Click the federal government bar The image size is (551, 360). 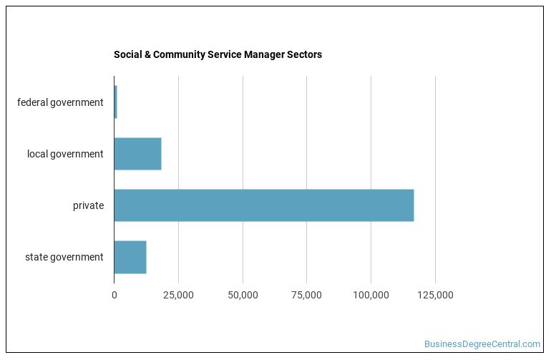coord(115,102)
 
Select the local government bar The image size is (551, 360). coord(137,154)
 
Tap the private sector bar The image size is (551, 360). coord(263,205)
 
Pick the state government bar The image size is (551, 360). coord(130,257)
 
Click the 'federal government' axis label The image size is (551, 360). coord(60,102)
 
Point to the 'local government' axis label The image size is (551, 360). coord(65,154)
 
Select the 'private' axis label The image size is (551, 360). coord(88,205)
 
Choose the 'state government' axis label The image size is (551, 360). coord(64,257)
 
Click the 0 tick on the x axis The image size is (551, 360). coord(114,295)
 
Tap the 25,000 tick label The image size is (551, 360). coord(178,295)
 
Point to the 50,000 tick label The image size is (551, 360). coord(243,295)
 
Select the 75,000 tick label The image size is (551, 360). coord(306,295)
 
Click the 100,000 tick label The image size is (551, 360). coord(371,295)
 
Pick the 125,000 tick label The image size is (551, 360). coord(435,295)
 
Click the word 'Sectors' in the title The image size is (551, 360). coord(303,54)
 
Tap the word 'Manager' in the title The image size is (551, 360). coord(263,54)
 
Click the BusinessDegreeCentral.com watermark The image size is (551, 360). coord(482,344)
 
